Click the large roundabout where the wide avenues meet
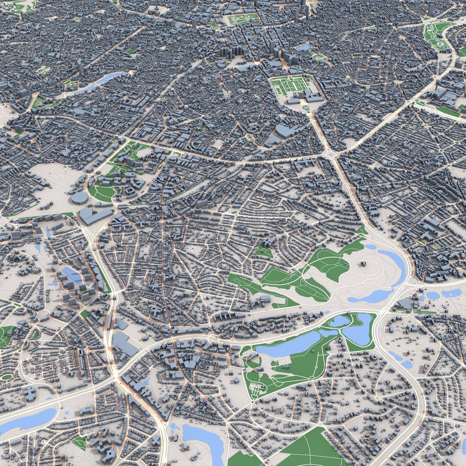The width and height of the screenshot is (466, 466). click(331, 154)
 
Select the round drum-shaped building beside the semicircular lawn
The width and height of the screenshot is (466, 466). click(79, 198)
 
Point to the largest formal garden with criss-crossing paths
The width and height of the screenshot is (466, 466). click(295, 86)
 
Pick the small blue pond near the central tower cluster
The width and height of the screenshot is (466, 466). click(304, 47)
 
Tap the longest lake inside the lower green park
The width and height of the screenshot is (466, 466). click(293, 344)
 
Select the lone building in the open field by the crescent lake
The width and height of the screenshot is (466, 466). click(362, 263)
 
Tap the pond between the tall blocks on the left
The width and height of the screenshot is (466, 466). click(72, 275)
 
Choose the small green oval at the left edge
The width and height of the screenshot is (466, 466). click(6, 377)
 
